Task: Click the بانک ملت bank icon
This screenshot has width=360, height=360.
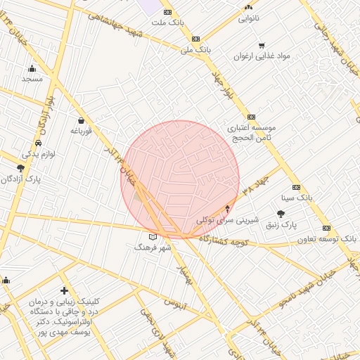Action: pyautogui.click(x=167, y=12)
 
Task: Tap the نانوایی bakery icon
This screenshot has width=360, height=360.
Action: pyautogui.click(x=248, y=6)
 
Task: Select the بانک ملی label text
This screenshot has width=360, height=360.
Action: pyautogui.click(x=195, y=50)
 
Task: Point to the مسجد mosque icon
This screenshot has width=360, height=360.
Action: pyautogui.click(x=32, y=68)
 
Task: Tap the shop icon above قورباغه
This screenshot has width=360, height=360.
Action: pyautogui.click(x=82, y=120)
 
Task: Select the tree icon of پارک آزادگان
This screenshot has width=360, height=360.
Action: pyautogui.click(x=20, y=168)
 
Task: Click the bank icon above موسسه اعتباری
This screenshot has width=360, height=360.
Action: pyautogui.click(x=251, y=117)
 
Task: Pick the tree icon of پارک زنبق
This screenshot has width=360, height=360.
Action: pyautogui.click(x=281, y=213)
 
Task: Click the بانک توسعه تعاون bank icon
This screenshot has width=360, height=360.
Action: pyautogui.click(x=326, y=228)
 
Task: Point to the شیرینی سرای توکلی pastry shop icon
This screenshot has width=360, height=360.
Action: pyautogui.click(x=227, y=209)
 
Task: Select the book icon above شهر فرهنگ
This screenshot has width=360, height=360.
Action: pyautogui.click(x=153, y=236)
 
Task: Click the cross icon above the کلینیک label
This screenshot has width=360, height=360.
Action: pyautogui.click(x=65, y=290)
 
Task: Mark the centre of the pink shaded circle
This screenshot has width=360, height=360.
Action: pyautogui.click(x=180, y=179)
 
